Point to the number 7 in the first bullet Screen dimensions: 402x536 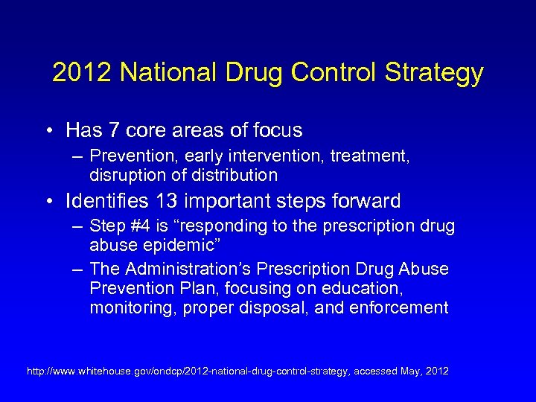tap(114, 131)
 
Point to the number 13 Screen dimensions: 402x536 tap(171, 201)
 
